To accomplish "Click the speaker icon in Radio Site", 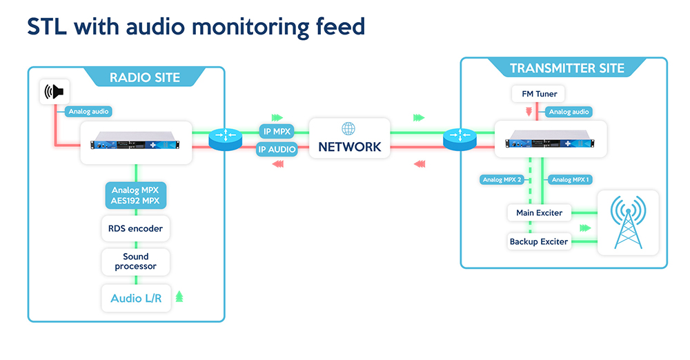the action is [x=54, y=92].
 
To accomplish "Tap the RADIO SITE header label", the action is [x=145, y=77].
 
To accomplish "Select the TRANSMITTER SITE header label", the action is [x=566, y=68].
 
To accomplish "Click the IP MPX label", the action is [x=277, y=131].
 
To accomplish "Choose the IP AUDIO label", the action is [x=277, y=149].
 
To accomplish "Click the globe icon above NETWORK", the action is [x=348, y=128].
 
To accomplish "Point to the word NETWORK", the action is [x=350, y=147].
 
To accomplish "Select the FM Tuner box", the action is [x=538, y=94].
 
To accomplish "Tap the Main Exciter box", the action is [x=539, y=213].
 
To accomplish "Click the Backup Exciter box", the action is [x=539, y=241].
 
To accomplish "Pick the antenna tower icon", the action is [x=628, y=222].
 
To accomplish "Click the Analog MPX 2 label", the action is [x=502, y=179].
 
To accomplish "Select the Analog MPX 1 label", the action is [x=570, y=179].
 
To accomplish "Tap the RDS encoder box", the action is [x=135, y=228].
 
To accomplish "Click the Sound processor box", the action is [x=135, y=261].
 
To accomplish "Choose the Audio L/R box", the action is [x=136, y=299].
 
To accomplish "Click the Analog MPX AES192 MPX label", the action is [x=135, y=195].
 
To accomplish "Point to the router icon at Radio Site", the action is [x=226, y=139].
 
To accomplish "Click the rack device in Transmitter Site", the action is [x=550, y=139].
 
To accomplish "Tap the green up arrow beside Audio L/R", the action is [x=179, y=296].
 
